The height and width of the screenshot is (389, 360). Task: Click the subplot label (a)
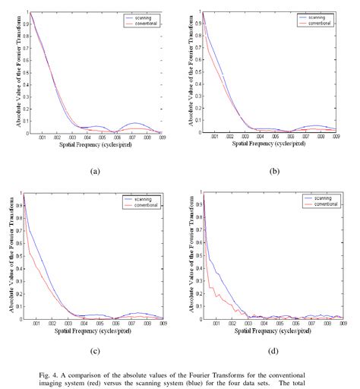95,172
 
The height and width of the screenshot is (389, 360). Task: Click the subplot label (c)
95,352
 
